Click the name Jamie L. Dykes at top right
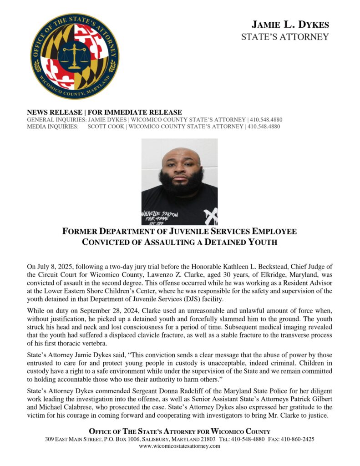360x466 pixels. click(290, 25)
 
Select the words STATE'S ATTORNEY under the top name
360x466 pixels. click(285, 37)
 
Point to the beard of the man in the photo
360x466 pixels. click(181, 182)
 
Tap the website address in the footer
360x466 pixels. click(179, 446)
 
